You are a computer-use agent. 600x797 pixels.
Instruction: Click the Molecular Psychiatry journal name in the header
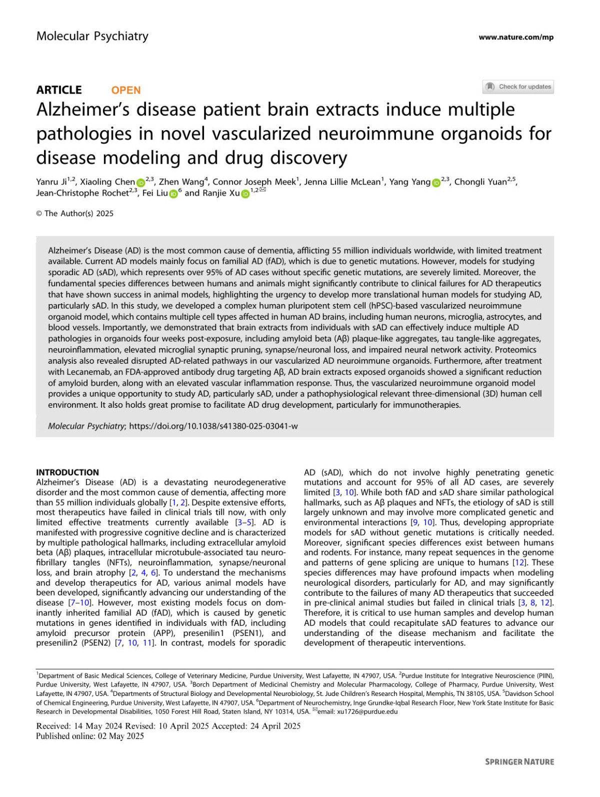92,37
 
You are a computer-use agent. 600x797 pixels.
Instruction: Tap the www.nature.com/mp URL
515,37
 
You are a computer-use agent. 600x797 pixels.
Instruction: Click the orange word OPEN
126,91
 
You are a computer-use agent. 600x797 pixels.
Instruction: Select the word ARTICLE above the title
59,90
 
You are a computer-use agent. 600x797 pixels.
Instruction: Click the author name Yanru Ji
51,182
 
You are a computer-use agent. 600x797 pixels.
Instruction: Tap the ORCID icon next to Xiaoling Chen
140,183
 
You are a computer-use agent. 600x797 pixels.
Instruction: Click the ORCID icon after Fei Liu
173,194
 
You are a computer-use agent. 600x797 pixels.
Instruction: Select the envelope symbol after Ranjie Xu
263,190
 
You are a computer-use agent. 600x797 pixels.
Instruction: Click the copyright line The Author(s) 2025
75,214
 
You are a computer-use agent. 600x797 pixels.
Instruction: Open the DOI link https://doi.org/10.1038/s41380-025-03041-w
213,426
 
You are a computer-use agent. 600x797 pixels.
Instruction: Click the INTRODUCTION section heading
67,472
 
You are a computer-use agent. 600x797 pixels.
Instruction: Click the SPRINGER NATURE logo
519,761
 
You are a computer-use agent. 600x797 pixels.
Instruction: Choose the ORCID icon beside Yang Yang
436,183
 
